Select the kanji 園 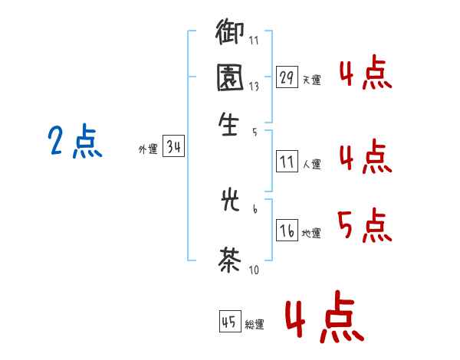[x=230, y=77]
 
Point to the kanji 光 [x=230, y=202]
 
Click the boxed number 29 [x=287, y=77]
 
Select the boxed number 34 [x=173, y=148]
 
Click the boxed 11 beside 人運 [x=287, y=162]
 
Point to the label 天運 [x=311, y=80]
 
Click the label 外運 [x=148, y=150]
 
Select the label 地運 [x=311, y=234]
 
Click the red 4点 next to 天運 [x=365, y=74]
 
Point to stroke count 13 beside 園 [x=254, y=87]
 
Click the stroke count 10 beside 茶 [x=254, y=270]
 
